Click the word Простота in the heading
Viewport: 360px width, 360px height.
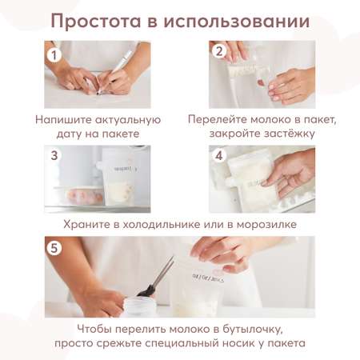click(96, 22)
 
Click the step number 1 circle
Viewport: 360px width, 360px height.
click(54, 55)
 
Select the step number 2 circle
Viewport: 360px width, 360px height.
click(219, 51)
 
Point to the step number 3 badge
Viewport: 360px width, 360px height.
click(54, 155)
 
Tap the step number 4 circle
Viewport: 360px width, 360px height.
click(219, 155)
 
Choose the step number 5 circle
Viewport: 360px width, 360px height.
click(54, 248)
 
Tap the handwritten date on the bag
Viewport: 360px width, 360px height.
click(208, 278)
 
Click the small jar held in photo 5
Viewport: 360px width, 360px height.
click(140, 306)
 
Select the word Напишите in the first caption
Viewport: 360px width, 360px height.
click(63, 120)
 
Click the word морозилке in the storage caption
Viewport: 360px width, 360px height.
click(266, 224)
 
